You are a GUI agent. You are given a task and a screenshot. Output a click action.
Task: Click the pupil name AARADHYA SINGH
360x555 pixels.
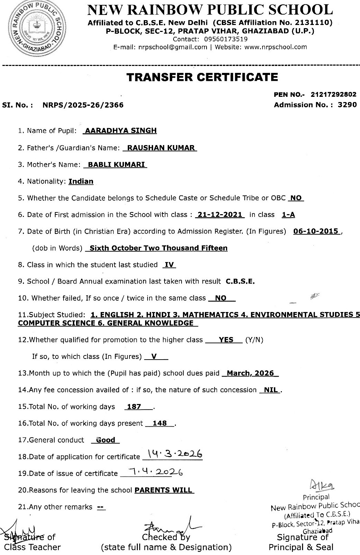pyautogui.click(x=121, y=131)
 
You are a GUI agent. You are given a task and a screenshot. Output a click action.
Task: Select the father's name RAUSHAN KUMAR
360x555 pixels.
pyautogui.click(x=161, y=148)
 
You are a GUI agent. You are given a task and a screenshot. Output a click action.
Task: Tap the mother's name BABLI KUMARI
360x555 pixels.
pyautogui.click(x=116, y=165)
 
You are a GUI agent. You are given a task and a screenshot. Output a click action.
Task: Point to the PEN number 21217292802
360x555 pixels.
pyautogui.click(x=334, y=94)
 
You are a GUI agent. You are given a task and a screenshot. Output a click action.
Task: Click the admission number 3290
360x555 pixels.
pyautogui.click(x=347, y=105)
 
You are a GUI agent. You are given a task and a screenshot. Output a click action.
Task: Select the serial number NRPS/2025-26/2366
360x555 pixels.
pyautogui.click(x=83, y=105)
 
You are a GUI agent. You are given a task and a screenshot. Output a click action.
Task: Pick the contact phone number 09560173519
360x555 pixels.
pyautogui.click(x=226, y=39)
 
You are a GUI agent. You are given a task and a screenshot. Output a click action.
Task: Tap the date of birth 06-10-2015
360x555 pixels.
pyautogui.click(x=316, y=232)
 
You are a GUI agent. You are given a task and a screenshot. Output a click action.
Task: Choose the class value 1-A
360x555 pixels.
pyautogui.click(x=288, y=215)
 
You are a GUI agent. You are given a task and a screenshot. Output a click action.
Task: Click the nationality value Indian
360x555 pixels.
pyautogui.click(x=81, y=181)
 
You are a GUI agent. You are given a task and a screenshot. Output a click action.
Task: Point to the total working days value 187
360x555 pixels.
pyautogui.click(x=134, y=407)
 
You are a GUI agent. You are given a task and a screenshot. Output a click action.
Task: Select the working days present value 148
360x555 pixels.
pyautogui.click(x=160, y=423)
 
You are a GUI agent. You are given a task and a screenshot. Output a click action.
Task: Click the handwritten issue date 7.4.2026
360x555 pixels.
pyautogui.click(x=156, y=472)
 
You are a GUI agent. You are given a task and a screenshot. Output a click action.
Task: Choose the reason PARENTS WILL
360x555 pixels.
pyautogui.click(x=163, y=490)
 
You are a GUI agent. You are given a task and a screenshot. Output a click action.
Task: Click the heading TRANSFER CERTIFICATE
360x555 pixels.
pyautogui.click(x=202, y=77)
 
